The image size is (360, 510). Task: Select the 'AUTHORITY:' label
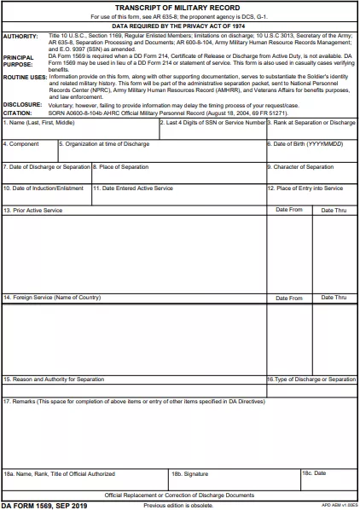[21, 37]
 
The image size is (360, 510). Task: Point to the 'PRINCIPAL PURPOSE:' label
[19, 61]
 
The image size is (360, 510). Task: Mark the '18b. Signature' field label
[189, 472]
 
